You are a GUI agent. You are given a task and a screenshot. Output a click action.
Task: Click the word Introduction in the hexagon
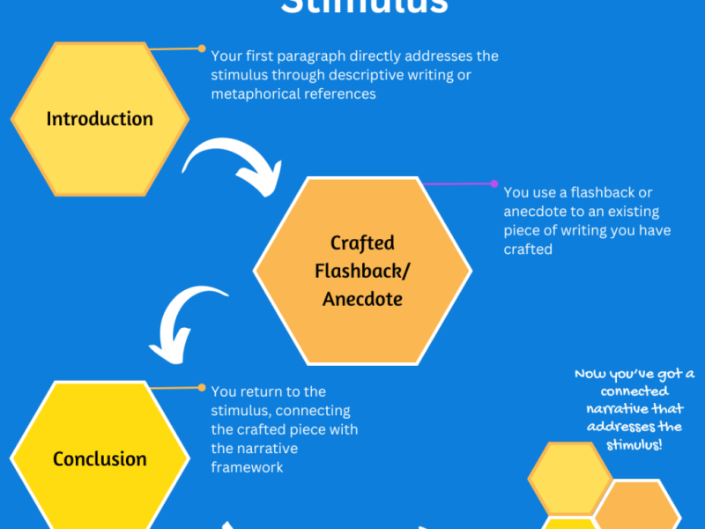(x=100, y=118)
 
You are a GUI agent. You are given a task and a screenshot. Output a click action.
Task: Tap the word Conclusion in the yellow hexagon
(x=100, y=458)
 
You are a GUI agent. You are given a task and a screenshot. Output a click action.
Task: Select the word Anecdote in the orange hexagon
(x=362, y=299)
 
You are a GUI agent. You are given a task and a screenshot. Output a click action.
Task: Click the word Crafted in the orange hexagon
(x=362, y=242)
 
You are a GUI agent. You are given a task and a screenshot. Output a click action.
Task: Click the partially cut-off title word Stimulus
(x=364, y=7)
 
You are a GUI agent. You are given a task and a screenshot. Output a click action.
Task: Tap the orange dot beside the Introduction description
(x=202, y=48)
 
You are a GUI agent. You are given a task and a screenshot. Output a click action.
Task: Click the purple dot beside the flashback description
(x=494, y=184)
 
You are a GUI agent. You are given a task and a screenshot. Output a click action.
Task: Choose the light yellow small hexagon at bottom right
(x=569, y=478)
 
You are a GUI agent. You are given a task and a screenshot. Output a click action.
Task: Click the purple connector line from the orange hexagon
(x=458, y=184)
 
